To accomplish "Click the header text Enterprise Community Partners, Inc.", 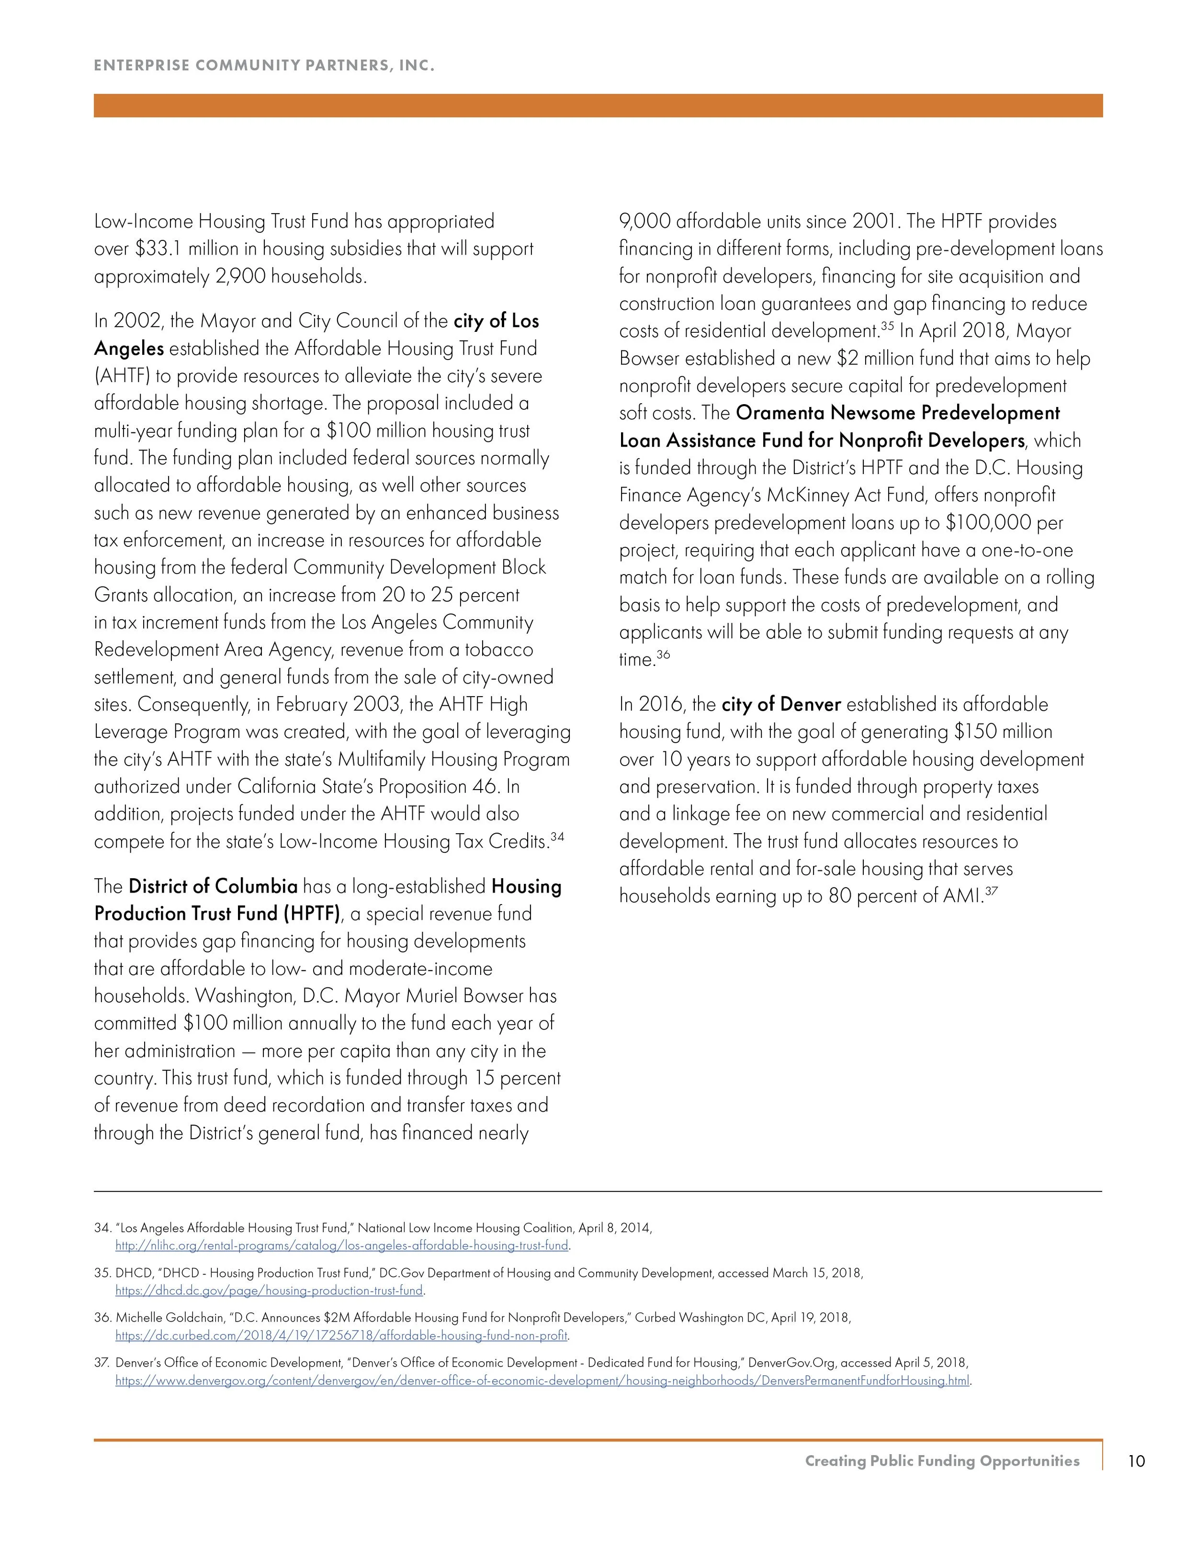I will coord(264,66).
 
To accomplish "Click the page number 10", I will coord(1136,1461).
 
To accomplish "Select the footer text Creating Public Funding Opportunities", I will coord(942,1461).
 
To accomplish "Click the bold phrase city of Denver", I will coord(781,704).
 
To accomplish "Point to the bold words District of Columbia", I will coord(213,887).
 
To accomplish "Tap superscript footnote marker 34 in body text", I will coord(557,837).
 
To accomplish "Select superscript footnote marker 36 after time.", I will coord(663,655).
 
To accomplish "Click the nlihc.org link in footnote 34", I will coord(342,1245).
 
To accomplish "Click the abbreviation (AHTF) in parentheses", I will coord(123,376).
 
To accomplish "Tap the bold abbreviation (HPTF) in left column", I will coord(311,914).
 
